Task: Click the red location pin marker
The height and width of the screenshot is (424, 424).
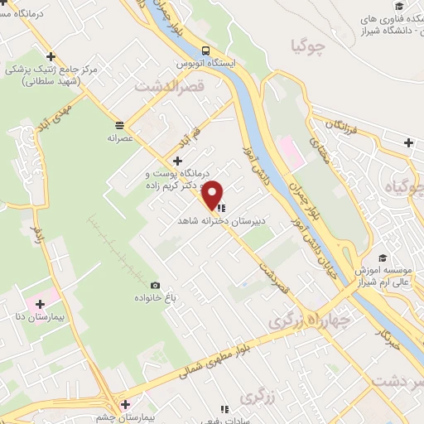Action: click(213, 194)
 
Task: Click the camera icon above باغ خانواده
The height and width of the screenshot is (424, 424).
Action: click(155, 285)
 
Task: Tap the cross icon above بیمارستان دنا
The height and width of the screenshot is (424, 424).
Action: click(40, 304)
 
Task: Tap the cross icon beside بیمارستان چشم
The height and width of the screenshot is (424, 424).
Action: click(124, 405)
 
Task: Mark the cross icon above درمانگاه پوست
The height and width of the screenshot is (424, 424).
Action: click(176, 160)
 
